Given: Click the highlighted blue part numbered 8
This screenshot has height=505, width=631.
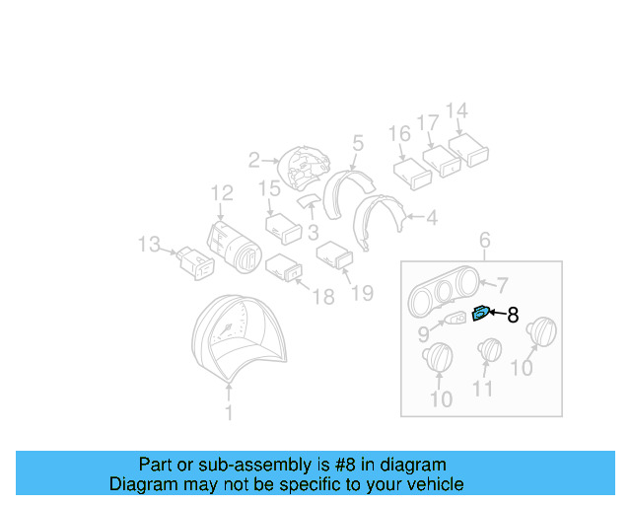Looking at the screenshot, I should tap(479, 314).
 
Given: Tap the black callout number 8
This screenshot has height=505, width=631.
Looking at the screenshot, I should tap(512, 316).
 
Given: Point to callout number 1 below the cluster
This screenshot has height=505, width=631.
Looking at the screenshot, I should tap(229, 413).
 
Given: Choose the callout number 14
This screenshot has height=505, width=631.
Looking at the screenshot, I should tap(456, 110).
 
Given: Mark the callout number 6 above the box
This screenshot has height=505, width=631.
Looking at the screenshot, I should tap(484, 240).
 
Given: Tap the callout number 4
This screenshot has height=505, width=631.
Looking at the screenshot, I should tap(431, 217).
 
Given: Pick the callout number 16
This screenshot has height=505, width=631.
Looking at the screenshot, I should tap(399, 134).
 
